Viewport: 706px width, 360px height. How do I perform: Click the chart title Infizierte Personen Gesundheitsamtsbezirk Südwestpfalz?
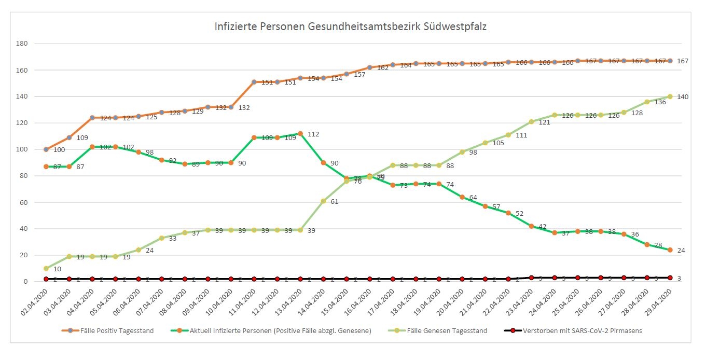[x=350, y=26]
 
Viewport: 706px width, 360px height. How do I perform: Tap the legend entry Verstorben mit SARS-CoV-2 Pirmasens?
[x=582, y=330]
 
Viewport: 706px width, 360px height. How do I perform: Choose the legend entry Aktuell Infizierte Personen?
[x=280, y=330]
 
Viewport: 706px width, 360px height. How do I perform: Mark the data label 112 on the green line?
[x=313, y=134]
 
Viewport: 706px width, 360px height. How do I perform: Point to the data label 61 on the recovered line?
[x=334, y=202]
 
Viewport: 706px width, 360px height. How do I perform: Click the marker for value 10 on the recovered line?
[x=46, y=268]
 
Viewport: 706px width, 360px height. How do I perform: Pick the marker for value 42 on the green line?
[x=531, y=226]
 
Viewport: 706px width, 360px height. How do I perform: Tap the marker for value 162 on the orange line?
[x=370, y=67]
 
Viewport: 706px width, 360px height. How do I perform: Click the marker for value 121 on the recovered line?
[x=531, y=122]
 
